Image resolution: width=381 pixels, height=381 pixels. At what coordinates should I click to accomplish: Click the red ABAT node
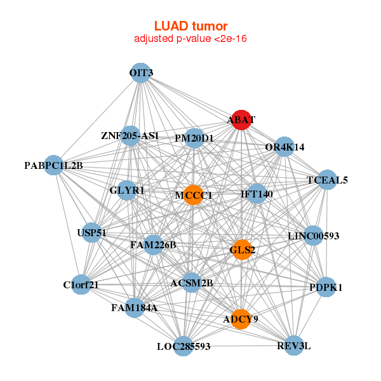click(x=241, y=119)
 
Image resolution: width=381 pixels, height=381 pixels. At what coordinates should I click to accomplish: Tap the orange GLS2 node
click(x=242, y=250)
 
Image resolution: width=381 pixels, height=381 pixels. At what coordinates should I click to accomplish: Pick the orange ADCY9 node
click(x=241, y=319)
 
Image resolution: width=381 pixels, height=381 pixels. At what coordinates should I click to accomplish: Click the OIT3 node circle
click(x=140, y=72)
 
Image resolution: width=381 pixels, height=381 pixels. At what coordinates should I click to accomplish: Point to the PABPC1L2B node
click(x=55, y=166)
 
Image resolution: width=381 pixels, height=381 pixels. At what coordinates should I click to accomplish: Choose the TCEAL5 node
click(x=327, y=180)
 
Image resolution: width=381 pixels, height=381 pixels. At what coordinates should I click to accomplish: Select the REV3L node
click(x=293, y=345)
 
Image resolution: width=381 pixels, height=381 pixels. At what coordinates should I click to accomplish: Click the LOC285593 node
click(x=184, y=346)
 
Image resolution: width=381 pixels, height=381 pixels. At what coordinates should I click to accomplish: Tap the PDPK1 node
click(x=326, y=287)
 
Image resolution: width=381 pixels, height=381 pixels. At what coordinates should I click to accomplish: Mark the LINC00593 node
click(x=314, y=236)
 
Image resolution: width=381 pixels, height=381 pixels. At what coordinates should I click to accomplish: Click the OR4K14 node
click(x=284, y=147)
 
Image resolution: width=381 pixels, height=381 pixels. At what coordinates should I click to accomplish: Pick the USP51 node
click(x=91, y=232)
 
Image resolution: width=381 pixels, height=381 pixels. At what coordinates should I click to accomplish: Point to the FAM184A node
click(x=134, y=307)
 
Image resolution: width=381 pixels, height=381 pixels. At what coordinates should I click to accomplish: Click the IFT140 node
click(x=257, y=194)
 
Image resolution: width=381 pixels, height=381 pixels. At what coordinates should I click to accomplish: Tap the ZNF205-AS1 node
click(x=130, y=135)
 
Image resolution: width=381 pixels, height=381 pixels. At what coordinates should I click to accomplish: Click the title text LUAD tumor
click(x=190, y=26)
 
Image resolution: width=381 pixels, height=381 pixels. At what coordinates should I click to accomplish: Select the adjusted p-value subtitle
click(x=190, y=39)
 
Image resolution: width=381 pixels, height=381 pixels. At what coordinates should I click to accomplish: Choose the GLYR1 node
click(x=127, y=190)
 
